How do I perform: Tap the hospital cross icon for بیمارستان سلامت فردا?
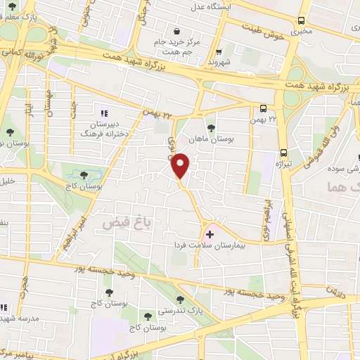210,233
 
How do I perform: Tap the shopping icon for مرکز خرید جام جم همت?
175,31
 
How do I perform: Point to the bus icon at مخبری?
301,21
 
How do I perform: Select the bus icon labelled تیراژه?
283,152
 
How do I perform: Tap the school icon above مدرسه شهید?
3,307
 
